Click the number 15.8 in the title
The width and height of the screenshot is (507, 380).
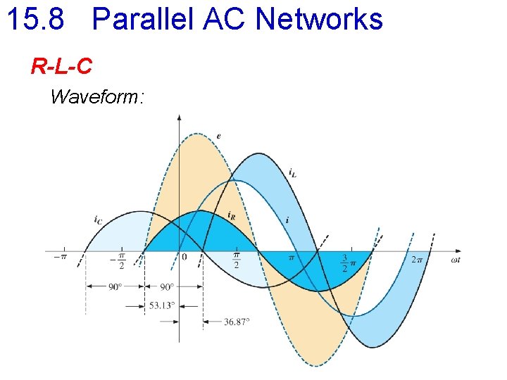point(35,19)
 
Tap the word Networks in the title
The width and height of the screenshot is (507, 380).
point(319,19)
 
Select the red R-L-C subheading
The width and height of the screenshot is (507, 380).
point(61,66)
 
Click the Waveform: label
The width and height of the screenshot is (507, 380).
point(97,96)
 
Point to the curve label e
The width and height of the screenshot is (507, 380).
point(219,135)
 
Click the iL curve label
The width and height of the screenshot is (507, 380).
point(292,171)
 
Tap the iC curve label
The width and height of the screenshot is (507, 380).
point(98,220)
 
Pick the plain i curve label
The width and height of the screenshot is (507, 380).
point(287,220)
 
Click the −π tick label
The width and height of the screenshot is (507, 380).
point(61,258)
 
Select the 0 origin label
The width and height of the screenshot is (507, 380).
point(184,258)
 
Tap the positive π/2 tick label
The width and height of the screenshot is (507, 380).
point(237,260)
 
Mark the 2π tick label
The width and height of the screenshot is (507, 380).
point(417,258)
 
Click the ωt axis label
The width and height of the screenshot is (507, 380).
point(456,260)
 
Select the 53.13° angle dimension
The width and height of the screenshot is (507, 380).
point(162,305)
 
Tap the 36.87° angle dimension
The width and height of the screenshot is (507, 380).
point(237,322)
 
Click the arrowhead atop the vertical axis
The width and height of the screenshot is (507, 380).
point(179,118)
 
